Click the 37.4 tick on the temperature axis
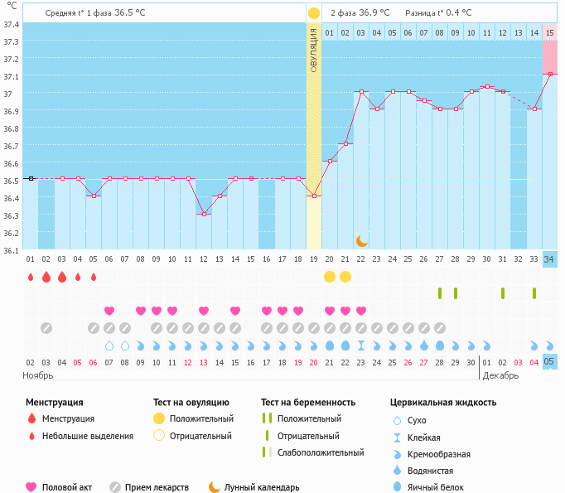11,24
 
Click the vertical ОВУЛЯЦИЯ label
314,50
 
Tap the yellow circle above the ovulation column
313,13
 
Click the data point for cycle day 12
204,214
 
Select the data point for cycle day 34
549,74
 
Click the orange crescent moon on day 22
361,240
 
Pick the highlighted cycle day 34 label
549,259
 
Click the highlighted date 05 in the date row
549,361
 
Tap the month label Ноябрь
38,375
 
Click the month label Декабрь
501,375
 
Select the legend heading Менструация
54,403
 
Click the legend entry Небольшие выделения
88,436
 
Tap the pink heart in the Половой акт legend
31,487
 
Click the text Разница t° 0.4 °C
438,13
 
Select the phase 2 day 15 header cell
549,32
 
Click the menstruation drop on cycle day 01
31,277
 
